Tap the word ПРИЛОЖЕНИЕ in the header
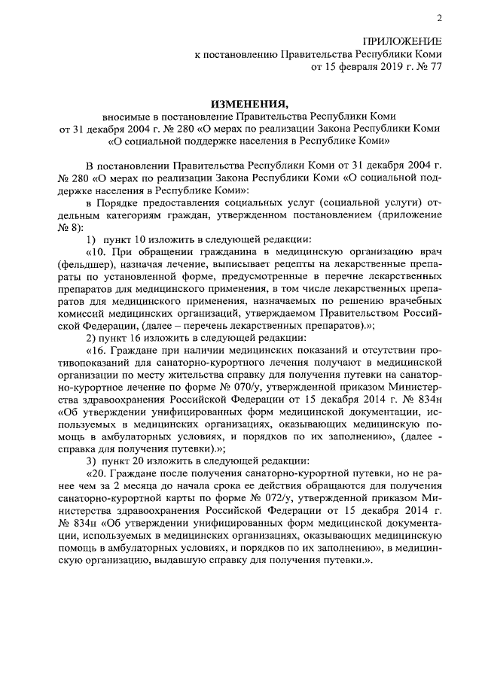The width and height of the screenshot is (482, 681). (403, 42)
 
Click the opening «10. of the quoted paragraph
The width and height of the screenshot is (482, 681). (99, 251)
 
